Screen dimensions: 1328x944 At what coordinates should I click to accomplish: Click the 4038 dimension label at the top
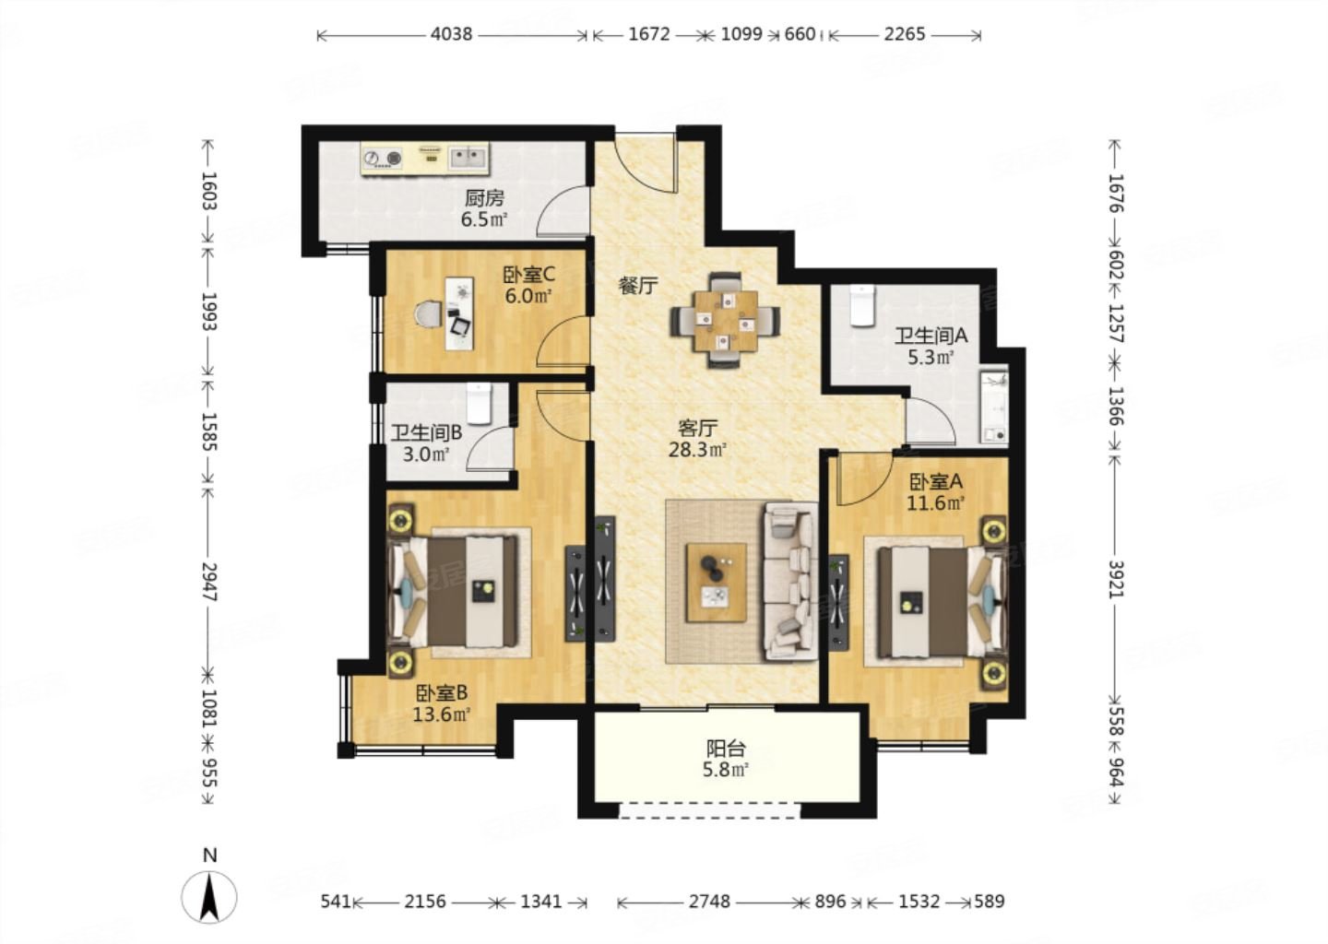(451, 34)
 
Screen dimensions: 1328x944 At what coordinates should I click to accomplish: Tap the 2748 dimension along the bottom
(709, 902)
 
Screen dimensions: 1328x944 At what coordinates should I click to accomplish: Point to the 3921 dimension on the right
(1115, 580)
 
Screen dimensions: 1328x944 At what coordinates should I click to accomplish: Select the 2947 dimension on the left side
(208, 582)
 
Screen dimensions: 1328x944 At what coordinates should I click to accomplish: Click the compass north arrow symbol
(208, 897)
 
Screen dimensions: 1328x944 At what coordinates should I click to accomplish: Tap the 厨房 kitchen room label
(484, 198)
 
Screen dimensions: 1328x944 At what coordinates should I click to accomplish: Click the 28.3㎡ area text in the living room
(698, 451)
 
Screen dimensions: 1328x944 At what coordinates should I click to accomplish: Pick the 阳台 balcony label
(725, 749)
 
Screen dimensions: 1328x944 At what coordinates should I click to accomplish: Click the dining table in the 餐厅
(726, 321)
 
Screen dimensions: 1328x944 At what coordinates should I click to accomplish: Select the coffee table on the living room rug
(717, 583)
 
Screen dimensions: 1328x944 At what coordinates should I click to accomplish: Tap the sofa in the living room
(790, 581)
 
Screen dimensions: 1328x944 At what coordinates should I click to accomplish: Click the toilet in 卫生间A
(862, 305)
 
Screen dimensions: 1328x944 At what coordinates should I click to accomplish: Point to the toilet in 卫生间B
(479, 404)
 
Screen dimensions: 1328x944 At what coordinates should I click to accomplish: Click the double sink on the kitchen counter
(468, 159)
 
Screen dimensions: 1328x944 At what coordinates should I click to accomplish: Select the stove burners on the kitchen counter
(383, 159)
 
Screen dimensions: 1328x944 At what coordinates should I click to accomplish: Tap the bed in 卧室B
(454, 592)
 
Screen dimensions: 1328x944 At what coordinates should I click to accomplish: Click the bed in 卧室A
(941, 602)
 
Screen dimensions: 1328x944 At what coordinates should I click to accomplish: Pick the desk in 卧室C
(459, 313)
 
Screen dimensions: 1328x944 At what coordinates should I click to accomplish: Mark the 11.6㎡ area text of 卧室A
(935, 503)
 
